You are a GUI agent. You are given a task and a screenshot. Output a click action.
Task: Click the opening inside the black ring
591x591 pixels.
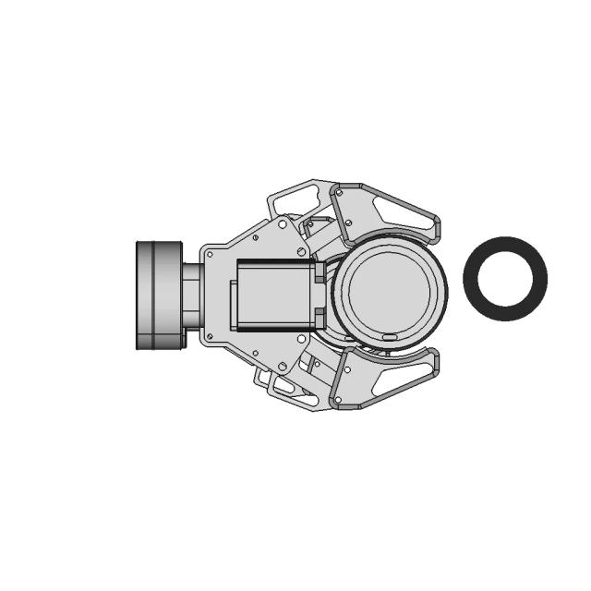pyautogui.click(x=504, y=278)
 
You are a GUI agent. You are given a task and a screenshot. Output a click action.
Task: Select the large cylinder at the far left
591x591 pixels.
pyautogui.click(x=159, y=295)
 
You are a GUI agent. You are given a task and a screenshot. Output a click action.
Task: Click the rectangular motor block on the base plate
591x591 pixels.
pyautogui.click(x=274, y=295)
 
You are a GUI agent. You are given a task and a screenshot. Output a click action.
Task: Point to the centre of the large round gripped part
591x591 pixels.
pyautogui.click(x=389, y=287)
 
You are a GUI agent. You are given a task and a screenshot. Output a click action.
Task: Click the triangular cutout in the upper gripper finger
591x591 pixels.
pyautogui.click(x=392, y=212)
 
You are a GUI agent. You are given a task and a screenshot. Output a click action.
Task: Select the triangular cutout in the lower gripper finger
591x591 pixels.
pyautogui.click(x=392, y=378)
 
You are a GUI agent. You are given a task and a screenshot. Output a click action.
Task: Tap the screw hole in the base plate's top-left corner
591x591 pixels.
pyautogui.click(x=211, y=252)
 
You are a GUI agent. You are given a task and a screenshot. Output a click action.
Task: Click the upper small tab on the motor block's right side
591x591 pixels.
pyautogui.click(x=320, y=272)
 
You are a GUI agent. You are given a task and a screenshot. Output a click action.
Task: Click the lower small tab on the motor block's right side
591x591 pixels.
pyautogui.click(x=320, y=319)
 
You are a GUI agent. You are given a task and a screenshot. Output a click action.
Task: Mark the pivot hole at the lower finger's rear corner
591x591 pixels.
pyautogui.click(x=338, y=398)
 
